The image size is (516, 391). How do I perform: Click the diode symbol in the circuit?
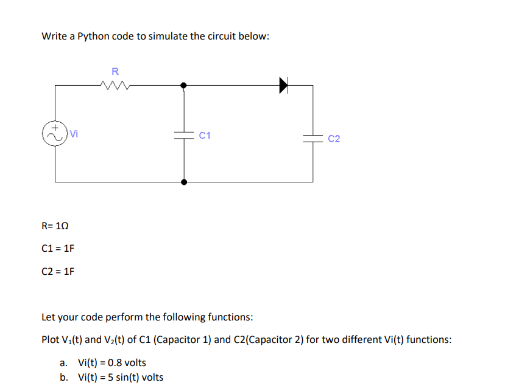[283, 85]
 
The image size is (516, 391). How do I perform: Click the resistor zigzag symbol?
[116, 86]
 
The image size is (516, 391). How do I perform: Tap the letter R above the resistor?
[115, 71]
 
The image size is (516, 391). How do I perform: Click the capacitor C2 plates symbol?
[313, 139]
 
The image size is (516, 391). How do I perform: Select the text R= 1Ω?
[55, 226]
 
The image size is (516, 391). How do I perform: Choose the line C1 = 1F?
[58, 248]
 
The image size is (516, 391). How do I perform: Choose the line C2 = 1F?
[58, 271]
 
